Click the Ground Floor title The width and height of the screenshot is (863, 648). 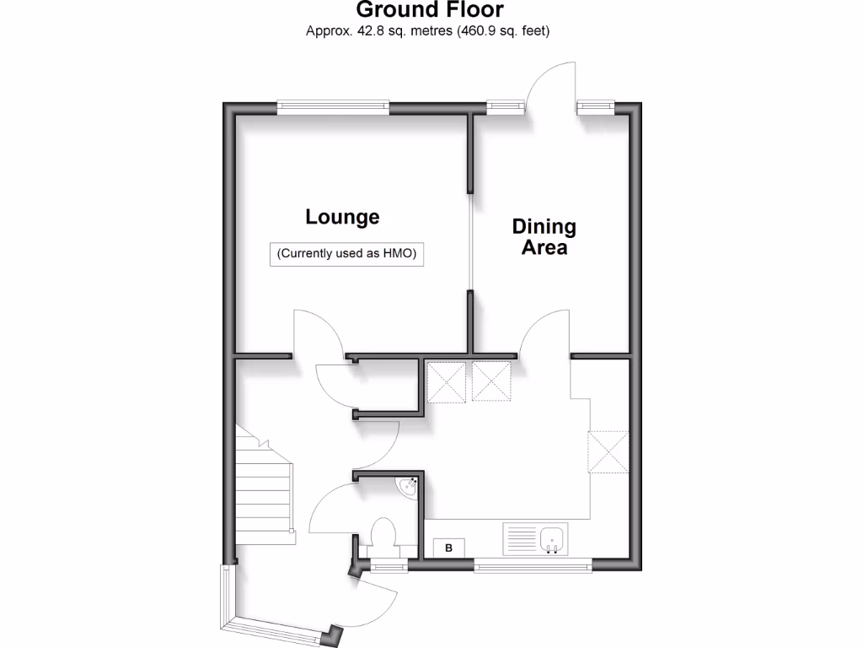point(430,10)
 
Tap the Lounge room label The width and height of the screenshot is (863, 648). point(342,217)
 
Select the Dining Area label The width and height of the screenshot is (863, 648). point(544,237)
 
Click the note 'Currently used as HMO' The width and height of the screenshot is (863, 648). point(346,254)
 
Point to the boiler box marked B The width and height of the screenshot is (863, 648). point(449,548)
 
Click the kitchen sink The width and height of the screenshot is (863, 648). point(553,538)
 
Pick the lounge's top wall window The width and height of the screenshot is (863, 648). point(334,106)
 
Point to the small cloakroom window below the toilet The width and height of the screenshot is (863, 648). point(388,567)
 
